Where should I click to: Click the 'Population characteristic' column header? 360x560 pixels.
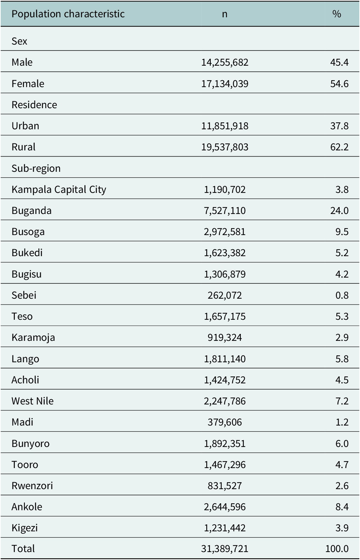tap(68, 14)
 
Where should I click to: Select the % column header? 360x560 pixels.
tap(337, 14)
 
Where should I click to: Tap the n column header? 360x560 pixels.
tap(225, 15)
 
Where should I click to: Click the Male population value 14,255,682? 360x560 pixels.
tap(225, 63)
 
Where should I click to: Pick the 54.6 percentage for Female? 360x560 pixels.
tap(339, 84)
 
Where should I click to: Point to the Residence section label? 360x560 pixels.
tap(34, 105)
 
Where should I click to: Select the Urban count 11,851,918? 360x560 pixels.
tap(225, 126)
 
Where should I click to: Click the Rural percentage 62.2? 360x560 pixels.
tap(339, 147)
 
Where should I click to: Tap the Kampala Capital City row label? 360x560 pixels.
tap(59, 190)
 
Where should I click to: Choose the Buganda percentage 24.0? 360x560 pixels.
tap(339, 211)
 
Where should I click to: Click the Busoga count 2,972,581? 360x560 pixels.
tap(225, 232)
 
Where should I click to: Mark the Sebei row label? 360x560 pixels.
tap(24, 295)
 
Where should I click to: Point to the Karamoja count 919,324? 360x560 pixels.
tap(225, 338)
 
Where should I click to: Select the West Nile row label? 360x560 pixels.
tap(32, 401)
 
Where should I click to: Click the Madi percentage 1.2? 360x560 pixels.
tap(342, 422)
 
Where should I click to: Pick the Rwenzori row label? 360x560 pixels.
tap(32, 486)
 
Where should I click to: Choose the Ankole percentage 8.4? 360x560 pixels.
tap(342, 507)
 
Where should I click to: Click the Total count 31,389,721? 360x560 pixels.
tap(225, 549)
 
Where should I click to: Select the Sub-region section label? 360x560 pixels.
tap(36, 169)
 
